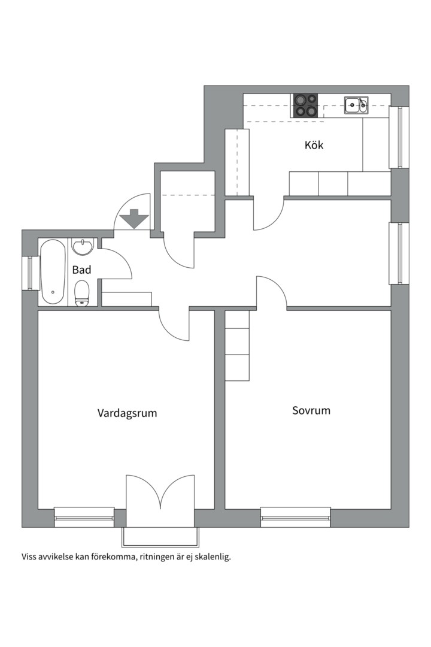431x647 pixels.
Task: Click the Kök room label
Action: point(314,145)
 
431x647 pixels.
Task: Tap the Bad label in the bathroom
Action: point(81,270)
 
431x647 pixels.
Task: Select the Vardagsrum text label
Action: point(127,413)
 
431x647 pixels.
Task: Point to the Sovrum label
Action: point(311,410)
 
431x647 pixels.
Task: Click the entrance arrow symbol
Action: point(133,219)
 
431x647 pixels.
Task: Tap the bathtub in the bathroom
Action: point(53,272)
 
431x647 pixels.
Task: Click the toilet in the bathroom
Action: point(81,294)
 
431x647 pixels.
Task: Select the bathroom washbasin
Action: point(83,247)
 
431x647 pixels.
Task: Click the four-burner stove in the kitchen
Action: point(306,105)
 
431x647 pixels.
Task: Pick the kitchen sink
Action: point(356,105)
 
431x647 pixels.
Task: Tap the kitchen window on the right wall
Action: point(399,137)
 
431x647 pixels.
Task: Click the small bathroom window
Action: point(30,273)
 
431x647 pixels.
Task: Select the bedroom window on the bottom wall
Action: point(295,518)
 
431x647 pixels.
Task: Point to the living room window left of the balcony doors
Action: point(84,518)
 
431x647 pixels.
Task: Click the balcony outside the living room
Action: point(160,537)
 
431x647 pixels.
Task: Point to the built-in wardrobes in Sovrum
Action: point(237,346)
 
